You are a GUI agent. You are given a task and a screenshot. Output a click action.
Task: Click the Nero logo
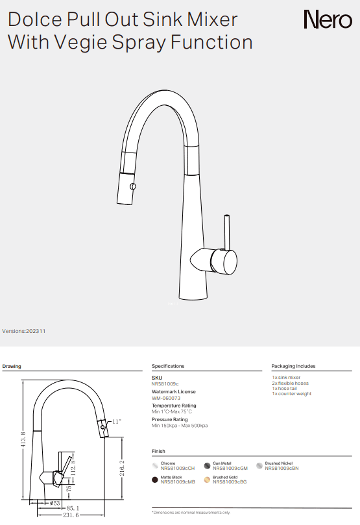(x=328, y=21)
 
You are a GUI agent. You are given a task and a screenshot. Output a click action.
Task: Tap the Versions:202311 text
(x=24, y=331)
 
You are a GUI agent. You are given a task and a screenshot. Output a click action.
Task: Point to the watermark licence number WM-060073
(x=166, y=398)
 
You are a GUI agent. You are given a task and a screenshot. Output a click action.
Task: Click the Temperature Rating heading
(x=174, y=406)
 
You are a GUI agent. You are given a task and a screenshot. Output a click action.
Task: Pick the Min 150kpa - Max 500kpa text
(x=180, y=426)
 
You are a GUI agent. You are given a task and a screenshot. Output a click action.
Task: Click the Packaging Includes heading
(x=294, y=366)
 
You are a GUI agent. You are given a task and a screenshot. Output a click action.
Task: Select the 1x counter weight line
(x=291, y=394)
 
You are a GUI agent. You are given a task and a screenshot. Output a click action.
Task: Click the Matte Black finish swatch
(x=155, y=480)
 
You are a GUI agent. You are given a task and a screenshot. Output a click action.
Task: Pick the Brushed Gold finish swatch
(x=208, y=480)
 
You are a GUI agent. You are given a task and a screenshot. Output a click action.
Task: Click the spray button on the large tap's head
(x=133, y=186)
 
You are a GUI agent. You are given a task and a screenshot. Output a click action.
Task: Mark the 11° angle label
(x=117, y=422)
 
